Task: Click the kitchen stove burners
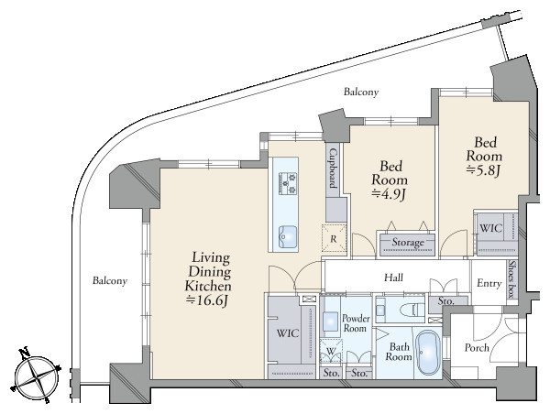288,183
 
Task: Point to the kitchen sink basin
288,236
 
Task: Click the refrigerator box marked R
334,239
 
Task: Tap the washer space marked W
331,351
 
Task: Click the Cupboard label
334,169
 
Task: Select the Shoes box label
512,279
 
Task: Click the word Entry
489,283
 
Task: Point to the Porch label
477,347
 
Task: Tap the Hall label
393,278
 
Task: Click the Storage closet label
408,242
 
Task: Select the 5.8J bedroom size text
483,170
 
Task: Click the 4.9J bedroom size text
389,194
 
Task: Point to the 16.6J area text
208,300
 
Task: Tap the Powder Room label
356,323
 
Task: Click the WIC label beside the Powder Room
288,332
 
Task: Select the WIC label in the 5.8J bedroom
490,228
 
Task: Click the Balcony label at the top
361,93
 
